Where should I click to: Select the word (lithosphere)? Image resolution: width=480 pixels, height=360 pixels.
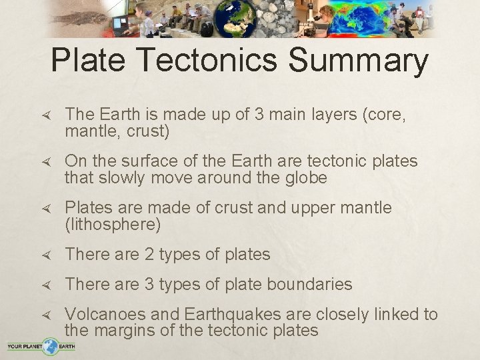tap(113, 225)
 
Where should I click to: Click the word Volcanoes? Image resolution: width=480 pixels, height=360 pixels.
tap(110, 315)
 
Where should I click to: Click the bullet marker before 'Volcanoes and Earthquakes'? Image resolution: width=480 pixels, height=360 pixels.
tap(46, 315)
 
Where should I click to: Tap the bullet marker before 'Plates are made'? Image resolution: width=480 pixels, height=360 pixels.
tap(46, 209)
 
